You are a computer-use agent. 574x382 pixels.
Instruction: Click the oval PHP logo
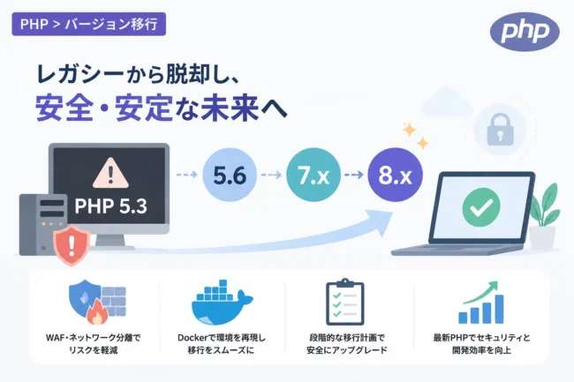tap(525, 32)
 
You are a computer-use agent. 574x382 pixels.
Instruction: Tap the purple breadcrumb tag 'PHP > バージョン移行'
tap(88, 24)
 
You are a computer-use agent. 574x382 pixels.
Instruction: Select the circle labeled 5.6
tap(230, 175)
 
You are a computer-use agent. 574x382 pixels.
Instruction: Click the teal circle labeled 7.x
tap(313, 175)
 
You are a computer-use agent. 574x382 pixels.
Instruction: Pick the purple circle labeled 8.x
tap(395, 175)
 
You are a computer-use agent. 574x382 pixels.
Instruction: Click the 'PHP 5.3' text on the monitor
tap(111, 206)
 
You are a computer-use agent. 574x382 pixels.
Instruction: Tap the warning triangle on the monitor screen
tap(110, 173)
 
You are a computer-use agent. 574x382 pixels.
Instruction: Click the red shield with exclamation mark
tap(72, 244)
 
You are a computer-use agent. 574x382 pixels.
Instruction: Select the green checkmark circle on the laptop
tap(481, 207)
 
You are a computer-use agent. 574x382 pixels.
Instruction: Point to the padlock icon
tap(500, 129)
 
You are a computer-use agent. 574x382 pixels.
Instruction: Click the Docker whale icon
tap(221, 303)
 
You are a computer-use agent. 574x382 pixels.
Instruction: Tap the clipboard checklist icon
tap(344, 302)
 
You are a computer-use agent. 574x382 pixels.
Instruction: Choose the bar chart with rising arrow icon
tap(481, 303)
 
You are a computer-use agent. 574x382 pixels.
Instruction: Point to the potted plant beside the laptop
tap(545, 215)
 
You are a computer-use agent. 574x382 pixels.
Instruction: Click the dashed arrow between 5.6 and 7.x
tap(271, 175)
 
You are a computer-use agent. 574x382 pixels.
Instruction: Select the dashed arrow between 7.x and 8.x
tap(354, 175)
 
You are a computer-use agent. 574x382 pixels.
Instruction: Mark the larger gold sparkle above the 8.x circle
tap(410, 130)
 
